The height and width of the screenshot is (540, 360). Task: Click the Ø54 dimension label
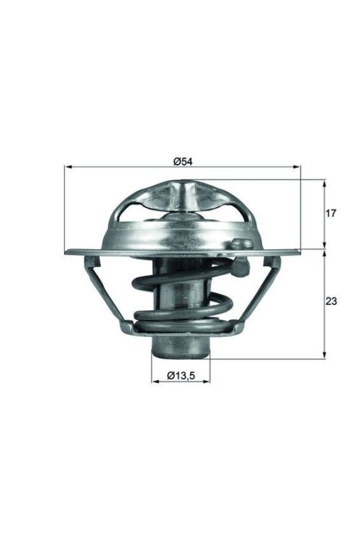coord(183,161)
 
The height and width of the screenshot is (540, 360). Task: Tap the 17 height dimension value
coord(330,214)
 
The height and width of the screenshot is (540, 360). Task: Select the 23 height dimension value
coord(331,302)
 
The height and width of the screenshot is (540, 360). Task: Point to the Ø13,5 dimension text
coord(181,375)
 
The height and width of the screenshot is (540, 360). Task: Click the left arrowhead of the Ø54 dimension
coord(68,167)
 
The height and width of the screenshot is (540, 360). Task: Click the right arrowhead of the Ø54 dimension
coord(297,167)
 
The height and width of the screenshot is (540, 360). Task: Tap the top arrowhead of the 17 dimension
coord(324,183)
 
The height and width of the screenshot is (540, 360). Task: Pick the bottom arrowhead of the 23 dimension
coord(324,355)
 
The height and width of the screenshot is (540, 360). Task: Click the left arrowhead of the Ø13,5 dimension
coord(156,382)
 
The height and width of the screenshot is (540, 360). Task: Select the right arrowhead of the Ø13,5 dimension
coord(206,382)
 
